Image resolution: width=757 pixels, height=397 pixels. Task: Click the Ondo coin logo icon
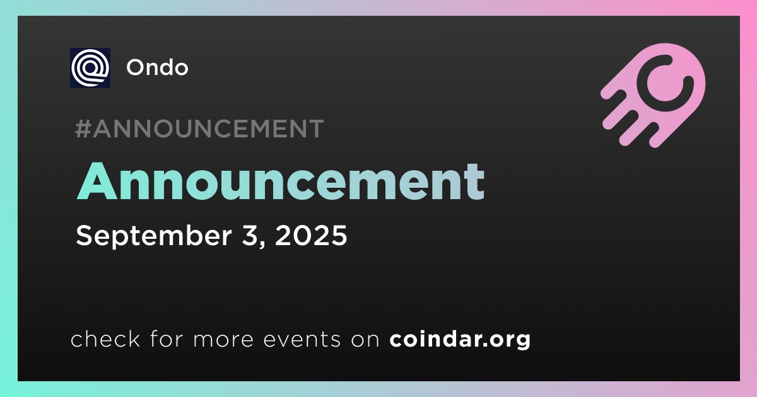coord(90,68)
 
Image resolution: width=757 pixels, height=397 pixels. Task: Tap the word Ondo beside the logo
coord(157,67)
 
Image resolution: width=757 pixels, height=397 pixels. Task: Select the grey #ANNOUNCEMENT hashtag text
coord(199,129)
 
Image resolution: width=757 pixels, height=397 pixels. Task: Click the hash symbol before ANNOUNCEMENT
coord(83,129)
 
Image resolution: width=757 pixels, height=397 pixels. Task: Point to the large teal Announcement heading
coord(281,181)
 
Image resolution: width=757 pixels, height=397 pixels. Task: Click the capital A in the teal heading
coord(97,181)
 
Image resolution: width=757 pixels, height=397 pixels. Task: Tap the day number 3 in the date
coord(249,235)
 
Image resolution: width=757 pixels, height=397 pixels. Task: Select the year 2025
coord(311,235)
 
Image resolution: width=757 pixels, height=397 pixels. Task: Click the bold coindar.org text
coord(460,340)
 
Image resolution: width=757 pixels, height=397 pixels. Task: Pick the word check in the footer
coord(105,338)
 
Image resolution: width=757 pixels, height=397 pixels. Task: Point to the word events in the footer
coord(302,340)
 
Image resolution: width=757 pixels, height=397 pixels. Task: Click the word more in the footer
coord(223,340)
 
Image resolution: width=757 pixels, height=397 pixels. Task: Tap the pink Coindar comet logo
coord(653,95)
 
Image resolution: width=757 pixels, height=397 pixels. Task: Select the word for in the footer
coord(167,338)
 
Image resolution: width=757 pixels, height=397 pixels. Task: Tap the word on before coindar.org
coord(365,340)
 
